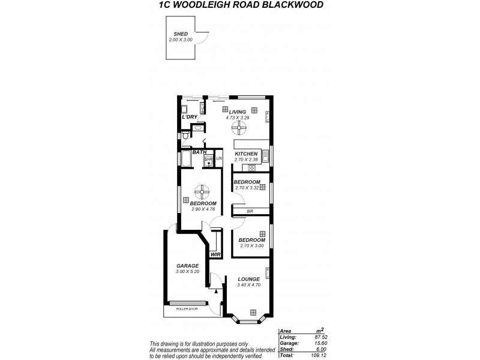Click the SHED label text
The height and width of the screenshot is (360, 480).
tap(181, 34)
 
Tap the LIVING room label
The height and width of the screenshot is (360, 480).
tap(237, 112)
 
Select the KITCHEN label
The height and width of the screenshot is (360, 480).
tap(246, 154)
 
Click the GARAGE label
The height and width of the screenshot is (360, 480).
tap(187, 266)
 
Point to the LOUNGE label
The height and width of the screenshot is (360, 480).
tap(248, 279)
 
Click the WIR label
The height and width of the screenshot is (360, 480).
tap(214, 254)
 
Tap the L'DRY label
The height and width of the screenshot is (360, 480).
tap(190, 116)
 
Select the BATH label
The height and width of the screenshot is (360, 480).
tap(199, 152)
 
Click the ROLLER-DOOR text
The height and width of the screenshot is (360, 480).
tap(187, 309)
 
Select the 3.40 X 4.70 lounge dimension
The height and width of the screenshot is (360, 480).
tap(248, 285)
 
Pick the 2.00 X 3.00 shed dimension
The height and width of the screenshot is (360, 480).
tap(181, 40)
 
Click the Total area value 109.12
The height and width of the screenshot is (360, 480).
tap(325, 356)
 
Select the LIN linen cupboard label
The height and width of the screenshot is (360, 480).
tap(220, 158)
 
